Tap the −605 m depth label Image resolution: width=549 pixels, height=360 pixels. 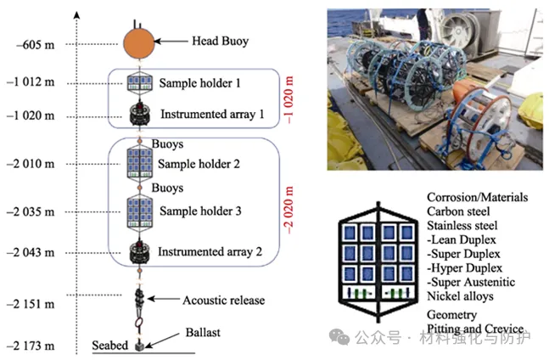pyautogui.click(x=36, y=42)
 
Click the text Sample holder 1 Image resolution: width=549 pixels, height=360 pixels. pyautogui.click(x=200, y=83)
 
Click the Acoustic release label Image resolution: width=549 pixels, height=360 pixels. pyautogui.click(x=223, y=301)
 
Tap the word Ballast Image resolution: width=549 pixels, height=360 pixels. pyautogui.click(x=203, y=333)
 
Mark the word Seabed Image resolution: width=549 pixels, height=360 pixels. pyautogui.click(x=110, y=346)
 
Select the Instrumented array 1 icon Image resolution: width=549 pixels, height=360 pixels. pyautogui.click(x=138, y=113)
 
